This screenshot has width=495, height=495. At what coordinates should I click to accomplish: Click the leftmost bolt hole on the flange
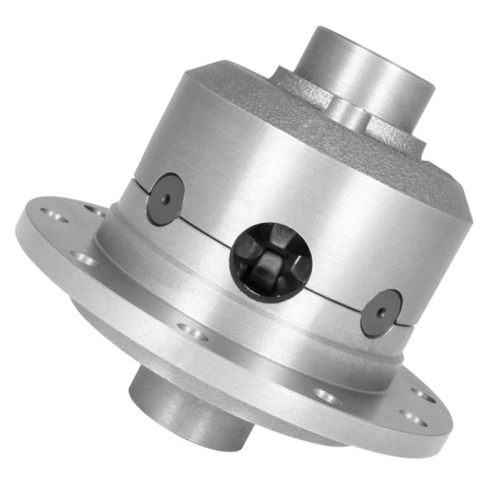(57, 216)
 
